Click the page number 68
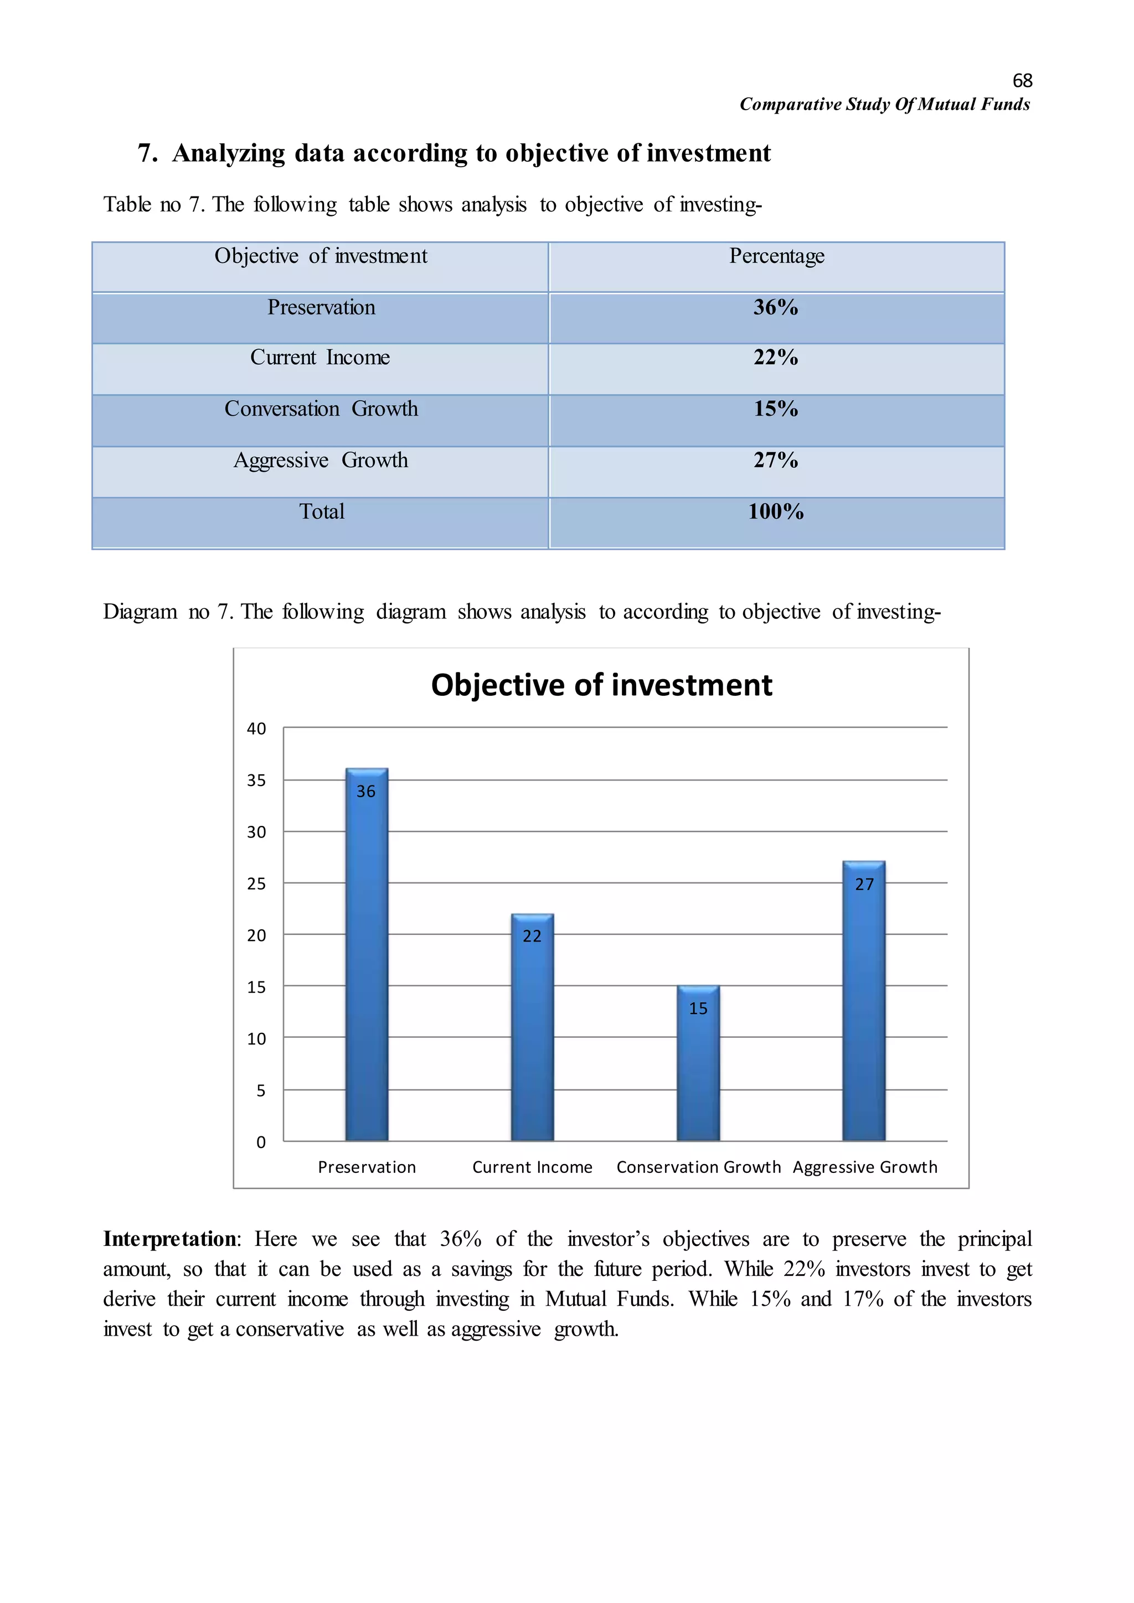coord(1022,81)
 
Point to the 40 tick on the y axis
coord(256,729)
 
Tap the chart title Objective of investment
coord(601,685)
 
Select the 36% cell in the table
coord(776,307)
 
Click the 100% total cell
coord(776,512)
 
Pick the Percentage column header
coord(776,256)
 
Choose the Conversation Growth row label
coord(321,409)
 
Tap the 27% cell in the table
coord(776,460)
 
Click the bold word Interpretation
coord(169,1239)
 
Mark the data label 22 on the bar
coord(532,936)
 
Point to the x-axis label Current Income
coord(532,1167)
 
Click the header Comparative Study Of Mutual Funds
coord(884,105)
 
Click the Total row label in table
coord(321,512)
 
